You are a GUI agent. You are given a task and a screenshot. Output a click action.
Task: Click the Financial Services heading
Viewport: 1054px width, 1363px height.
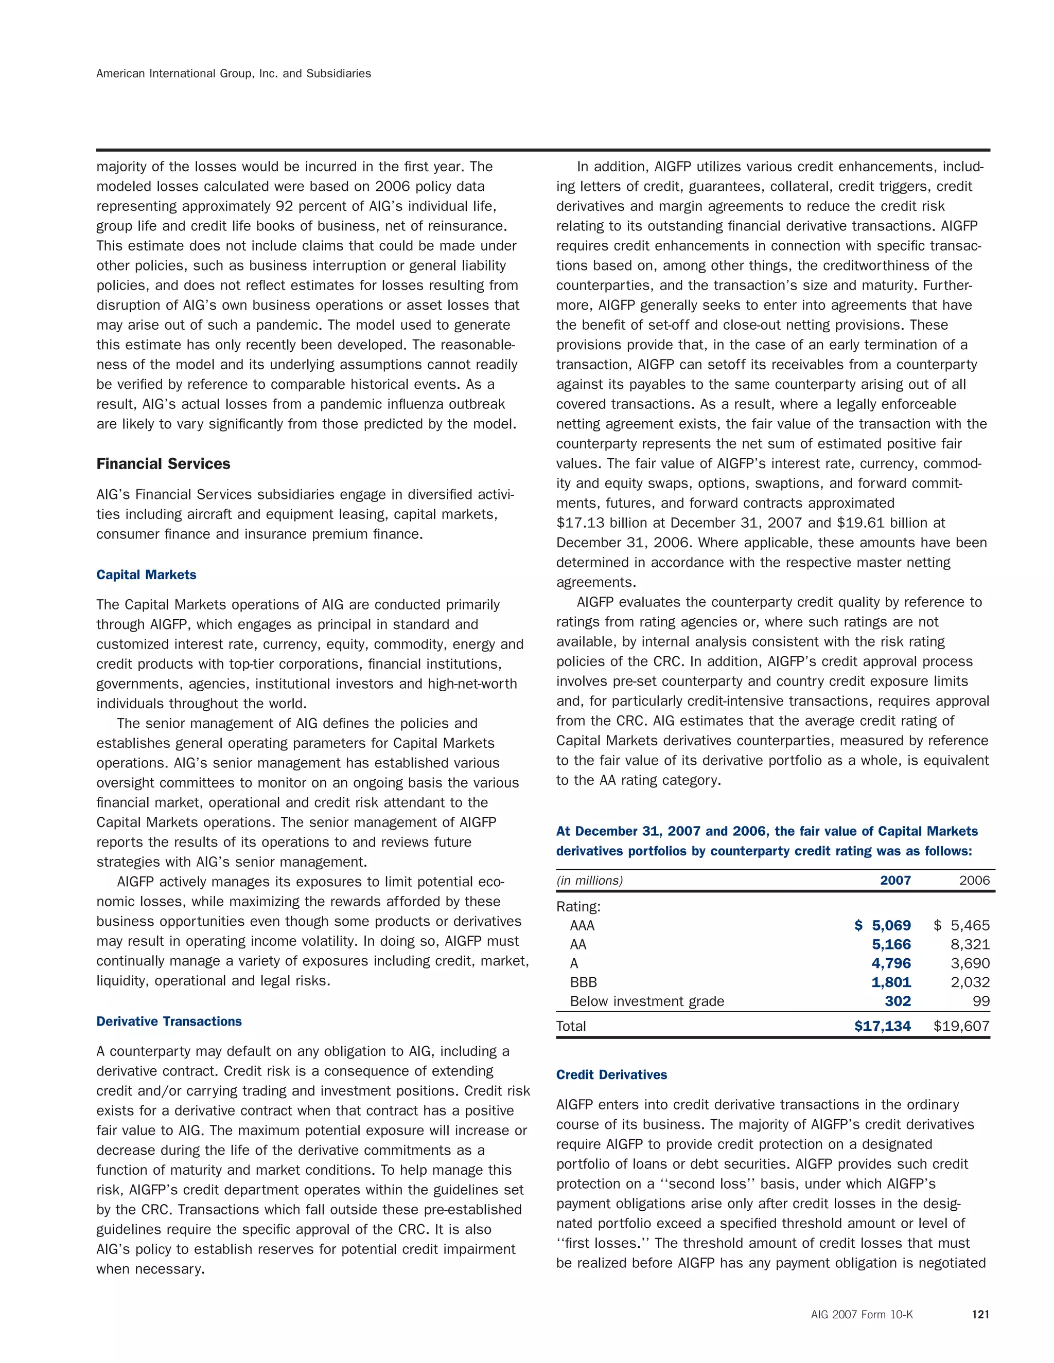(x=163, y=464)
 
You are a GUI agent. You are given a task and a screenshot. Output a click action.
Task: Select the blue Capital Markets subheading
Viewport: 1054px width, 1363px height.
(x=146, y=575)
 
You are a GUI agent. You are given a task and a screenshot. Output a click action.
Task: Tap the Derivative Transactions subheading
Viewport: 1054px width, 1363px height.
(x=169, y=1021)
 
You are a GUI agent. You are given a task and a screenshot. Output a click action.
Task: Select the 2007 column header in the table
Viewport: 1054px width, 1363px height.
(x=895, y=881)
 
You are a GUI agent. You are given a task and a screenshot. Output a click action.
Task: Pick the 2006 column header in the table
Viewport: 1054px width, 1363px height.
(x=974, y=881)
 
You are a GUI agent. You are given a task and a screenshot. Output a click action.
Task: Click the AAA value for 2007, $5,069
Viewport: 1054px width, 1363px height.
(x=883, y=925)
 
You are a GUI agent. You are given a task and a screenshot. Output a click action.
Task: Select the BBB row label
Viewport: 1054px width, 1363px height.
(x=583, y=982)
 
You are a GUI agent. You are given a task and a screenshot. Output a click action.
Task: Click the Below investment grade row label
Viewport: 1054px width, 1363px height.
(x=647, y=1001)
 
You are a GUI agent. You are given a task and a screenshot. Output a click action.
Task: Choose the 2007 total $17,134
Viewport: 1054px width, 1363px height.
(x=882, y=1026)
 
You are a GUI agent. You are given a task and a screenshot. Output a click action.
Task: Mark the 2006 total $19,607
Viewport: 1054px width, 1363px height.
(x=961, y=1026)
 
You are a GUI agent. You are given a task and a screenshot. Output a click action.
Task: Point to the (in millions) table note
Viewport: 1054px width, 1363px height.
(x=589, y=881)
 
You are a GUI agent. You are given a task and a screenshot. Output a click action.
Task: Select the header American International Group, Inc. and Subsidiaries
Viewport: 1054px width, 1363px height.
(x=234, y=74)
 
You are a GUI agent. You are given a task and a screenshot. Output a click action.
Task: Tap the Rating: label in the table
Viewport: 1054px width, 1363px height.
(x=578, y=907)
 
